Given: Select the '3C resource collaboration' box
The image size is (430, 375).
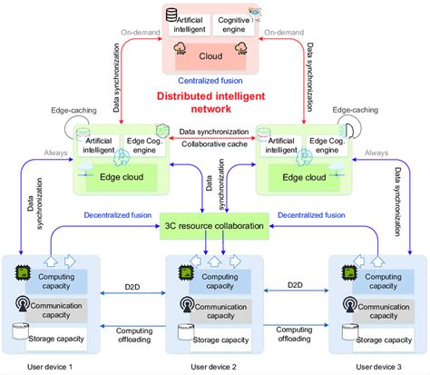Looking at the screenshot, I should pos(215,224).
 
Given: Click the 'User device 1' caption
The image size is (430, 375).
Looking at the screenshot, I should pos(54,366).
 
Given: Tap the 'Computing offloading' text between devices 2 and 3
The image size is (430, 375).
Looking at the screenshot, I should pos(294,335).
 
